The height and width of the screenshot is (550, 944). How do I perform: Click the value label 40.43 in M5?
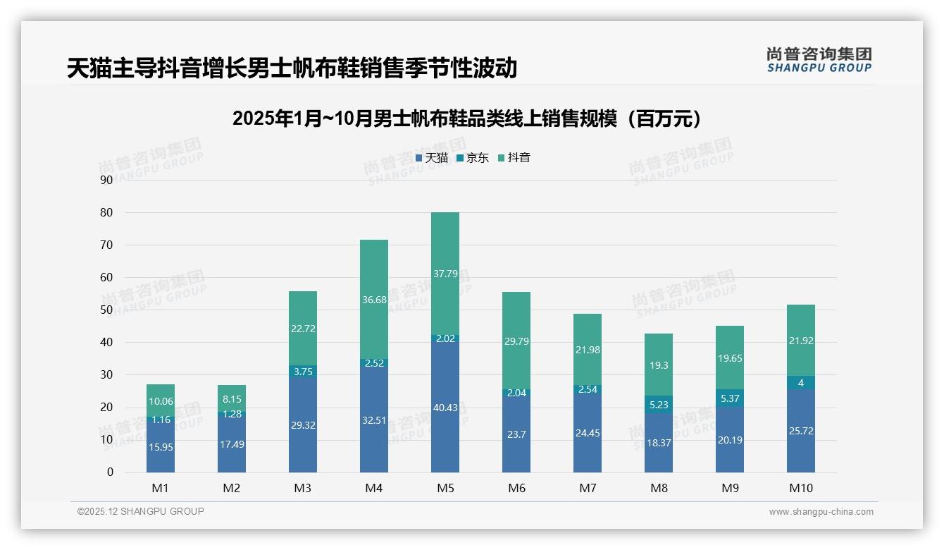coord(445,408)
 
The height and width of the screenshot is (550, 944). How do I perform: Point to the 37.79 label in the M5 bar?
coord(445,274)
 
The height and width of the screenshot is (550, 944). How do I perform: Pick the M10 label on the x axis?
coord(800,488)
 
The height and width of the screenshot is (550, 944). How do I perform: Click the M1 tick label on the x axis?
coord(161,488)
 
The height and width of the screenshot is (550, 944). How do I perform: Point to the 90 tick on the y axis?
coord(106,180)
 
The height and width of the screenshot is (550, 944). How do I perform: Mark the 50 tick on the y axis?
coord(106,310)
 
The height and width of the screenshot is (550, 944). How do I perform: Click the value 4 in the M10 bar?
coord(800,383)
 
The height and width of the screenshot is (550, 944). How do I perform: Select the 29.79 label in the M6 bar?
coord(516,341)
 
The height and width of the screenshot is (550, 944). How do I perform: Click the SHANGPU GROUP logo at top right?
coord(819,60)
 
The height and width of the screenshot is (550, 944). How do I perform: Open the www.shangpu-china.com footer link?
coord(821,512)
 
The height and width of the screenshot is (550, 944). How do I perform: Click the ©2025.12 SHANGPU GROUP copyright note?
coord(141,512)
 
